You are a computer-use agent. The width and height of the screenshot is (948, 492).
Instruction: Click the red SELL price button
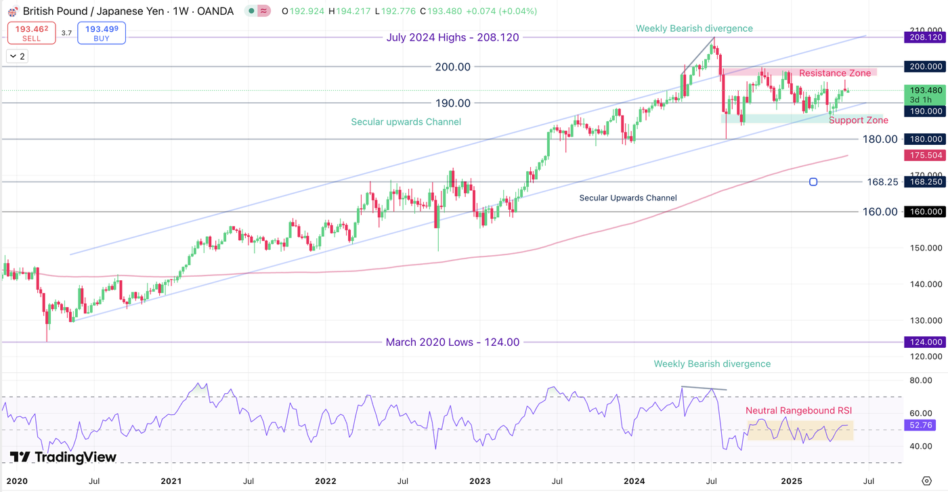(x=31, y=33)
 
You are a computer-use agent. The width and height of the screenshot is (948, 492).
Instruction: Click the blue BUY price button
(x=101, y=33)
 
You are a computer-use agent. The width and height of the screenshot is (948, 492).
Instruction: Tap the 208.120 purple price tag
(x=925, y=38)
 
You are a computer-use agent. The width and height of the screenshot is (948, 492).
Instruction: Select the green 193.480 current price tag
(x=925, y=90)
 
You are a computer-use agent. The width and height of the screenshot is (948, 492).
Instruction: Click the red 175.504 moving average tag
(x=925, y=156)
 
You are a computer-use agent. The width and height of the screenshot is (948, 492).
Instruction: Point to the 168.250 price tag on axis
(x=925, y=182)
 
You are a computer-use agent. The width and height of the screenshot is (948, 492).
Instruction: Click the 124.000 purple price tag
(x=925, y=342)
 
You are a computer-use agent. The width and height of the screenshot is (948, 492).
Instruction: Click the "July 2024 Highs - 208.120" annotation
(x=452, y=38)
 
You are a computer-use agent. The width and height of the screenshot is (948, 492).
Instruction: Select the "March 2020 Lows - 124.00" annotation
(x=452, y=342)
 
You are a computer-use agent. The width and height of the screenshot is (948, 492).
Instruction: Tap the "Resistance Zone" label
(x=835, y=73)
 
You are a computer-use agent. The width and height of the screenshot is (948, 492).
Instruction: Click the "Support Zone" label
(x=859, y=120)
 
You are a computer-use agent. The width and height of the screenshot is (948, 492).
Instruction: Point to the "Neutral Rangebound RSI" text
(x=798, y=411)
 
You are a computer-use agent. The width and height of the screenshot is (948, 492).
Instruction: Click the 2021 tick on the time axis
(x=171, y=481)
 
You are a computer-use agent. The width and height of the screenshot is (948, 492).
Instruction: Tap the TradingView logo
(x=63, y=457)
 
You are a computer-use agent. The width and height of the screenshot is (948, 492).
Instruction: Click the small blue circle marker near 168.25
(x=813, y=182)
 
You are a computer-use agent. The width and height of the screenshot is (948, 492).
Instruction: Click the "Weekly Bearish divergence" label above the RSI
(x=712, y=364)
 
